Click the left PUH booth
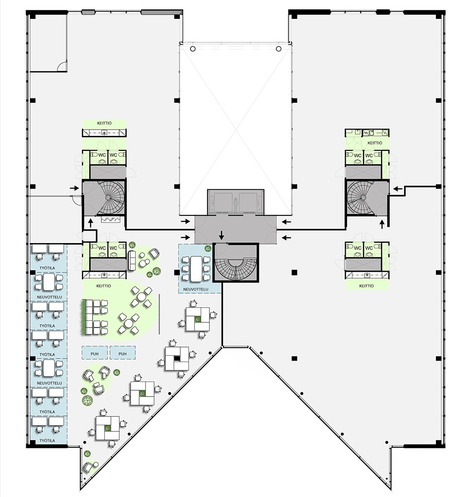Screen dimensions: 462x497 point(95,352)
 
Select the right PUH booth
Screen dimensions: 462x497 point(123,352)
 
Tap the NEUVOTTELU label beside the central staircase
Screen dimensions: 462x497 point(196,289)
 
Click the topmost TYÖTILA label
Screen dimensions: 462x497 point(47,268)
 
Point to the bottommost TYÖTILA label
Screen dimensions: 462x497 point(47,440)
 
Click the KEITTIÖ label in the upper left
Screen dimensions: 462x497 point(104,123)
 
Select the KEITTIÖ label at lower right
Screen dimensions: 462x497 point(366,285)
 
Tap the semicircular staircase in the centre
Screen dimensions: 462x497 point(236,263)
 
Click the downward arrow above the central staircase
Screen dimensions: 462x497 point(222,235)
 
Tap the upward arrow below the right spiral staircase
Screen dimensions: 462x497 point(382,224)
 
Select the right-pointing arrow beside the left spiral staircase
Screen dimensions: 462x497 point(74,188)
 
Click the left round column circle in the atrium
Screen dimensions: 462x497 point(193,49)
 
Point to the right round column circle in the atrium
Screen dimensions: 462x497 point(278,49)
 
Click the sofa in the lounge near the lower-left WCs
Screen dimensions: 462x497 point(132,261)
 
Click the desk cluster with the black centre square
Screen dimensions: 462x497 point(176,359)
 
